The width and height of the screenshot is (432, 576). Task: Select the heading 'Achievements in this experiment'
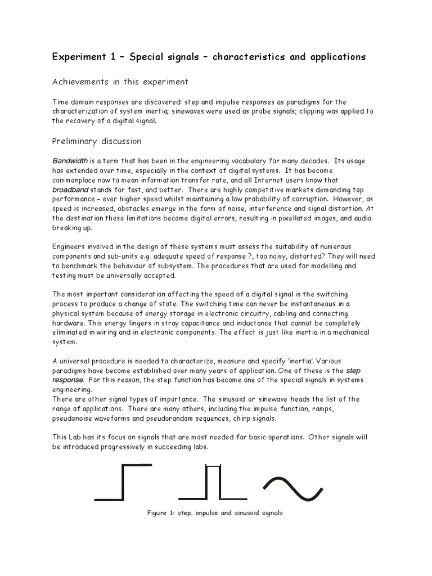120,82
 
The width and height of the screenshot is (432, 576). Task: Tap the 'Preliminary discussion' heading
97,141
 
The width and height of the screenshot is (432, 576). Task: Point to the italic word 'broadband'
71,190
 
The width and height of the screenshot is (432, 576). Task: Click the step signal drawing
123,482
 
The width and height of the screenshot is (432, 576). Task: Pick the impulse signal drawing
213,482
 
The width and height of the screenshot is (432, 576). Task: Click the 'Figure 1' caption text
214,513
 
